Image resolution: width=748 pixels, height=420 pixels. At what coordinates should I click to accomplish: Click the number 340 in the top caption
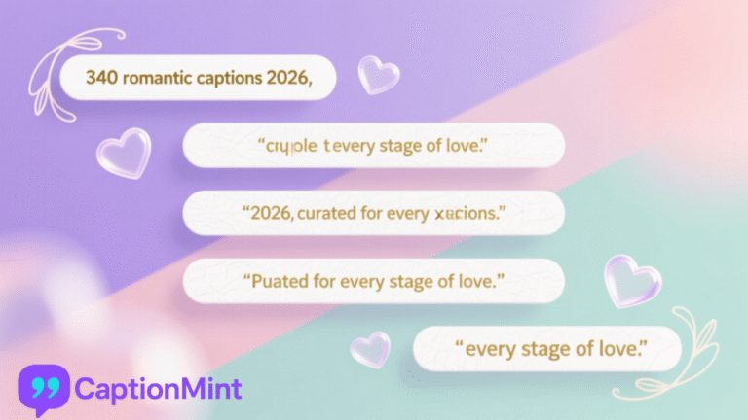pyautogui.click(x=99, y=79)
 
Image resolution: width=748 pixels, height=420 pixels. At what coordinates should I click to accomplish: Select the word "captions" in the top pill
pyautogui.click(x=227, y=79)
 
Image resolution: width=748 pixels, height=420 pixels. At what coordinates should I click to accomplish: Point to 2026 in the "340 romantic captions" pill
pyautogui.click(x=287, y=79)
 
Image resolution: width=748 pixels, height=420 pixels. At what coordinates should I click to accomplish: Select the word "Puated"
pyautogui.click(x=283, y=281)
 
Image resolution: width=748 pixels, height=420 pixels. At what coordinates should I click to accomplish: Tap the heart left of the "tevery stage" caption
pyautogui.click(x=124, y=154)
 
